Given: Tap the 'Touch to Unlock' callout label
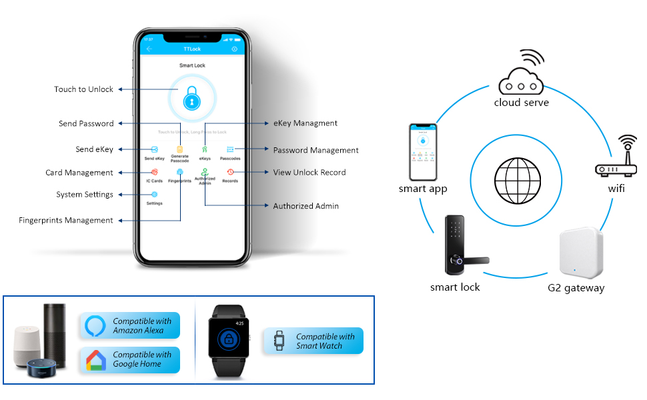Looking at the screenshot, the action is [84, 89].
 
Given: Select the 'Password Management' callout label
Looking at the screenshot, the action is [315, 150].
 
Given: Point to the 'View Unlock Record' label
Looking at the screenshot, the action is [309, 172].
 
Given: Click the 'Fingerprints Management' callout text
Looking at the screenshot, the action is [66, 220].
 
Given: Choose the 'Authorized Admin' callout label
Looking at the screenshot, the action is [305, 206].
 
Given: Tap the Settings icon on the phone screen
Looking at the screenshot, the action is [154, 194].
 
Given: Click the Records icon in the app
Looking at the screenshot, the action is [230, 172].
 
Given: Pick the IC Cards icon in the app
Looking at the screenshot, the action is [154, 172].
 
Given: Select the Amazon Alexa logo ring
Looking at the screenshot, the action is [96, 325].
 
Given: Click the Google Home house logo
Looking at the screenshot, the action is [96, 360].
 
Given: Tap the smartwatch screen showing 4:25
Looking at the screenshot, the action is [227, 337].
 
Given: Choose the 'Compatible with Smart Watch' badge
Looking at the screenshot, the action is [313, 341].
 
